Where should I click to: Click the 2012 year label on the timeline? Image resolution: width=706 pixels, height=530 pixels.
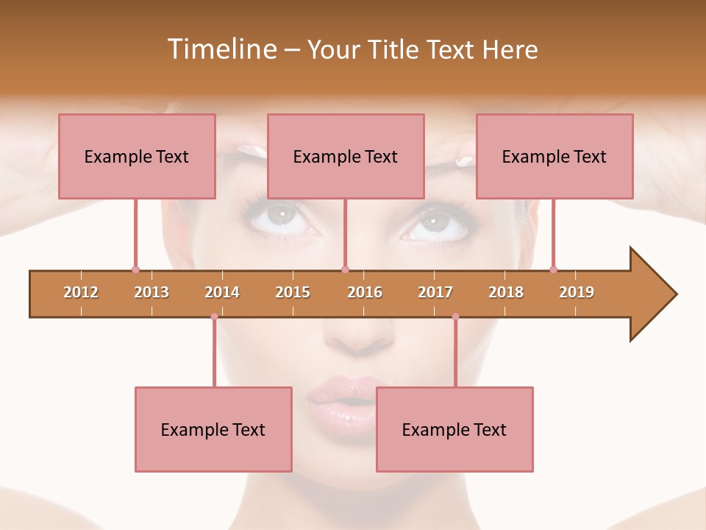pos(81,292)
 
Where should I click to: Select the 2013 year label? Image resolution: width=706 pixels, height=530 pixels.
pos(151,292)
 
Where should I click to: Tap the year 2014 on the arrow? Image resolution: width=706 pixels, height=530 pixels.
pos(222,292)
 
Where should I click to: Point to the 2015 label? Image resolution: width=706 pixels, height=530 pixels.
pos(293,292)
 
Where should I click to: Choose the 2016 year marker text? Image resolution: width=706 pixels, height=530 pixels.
pos(365,292)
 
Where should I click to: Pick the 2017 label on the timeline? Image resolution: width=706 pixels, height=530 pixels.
pos(435,292)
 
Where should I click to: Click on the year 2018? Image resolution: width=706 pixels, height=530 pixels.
pos(506,292)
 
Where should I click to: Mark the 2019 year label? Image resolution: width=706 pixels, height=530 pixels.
pos(577,292)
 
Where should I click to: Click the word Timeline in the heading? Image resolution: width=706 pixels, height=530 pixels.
pos(221,49)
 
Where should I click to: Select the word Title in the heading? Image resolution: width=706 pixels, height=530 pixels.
pos(393,49)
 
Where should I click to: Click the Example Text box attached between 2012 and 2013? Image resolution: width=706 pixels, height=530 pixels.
pos(137,156)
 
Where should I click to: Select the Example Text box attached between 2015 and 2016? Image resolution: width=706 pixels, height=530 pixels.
pos(346,156)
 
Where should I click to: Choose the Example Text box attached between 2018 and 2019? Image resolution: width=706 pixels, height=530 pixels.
pos(555,156)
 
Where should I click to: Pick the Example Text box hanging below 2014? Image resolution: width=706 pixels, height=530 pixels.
pos(213,429)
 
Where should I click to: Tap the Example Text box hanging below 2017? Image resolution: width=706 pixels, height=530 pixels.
pos(454,429)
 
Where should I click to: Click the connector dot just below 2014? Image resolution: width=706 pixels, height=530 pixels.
pos(214,317)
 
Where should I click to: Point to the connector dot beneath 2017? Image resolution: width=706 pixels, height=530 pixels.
pos(455,317)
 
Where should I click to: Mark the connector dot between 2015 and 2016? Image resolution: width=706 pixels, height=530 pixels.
pos(345,269)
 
